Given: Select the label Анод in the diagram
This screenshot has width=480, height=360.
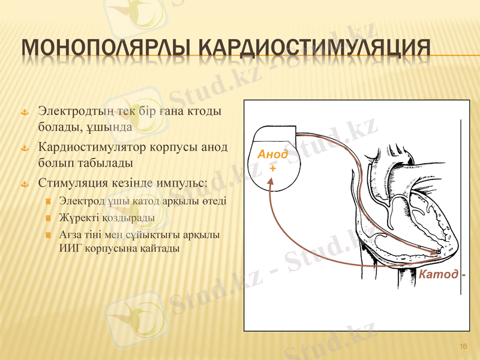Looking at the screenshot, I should (272, 155).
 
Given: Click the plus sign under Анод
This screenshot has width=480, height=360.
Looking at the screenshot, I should (273, 169).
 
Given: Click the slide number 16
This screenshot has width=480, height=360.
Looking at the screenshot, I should (463, 346).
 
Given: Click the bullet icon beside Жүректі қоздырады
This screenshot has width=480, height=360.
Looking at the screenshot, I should (48, 217).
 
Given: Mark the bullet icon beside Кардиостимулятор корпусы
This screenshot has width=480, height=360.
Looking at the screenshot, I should (24, 148).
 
